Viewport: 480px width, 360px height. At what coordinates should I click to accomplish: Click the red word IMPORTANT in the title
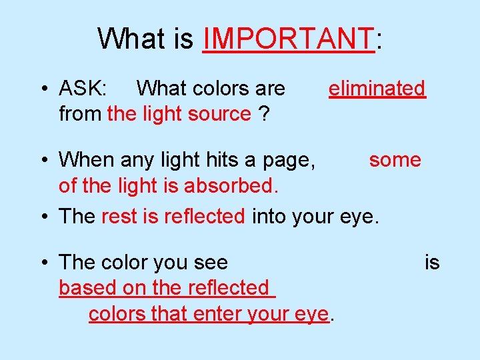[287, 39]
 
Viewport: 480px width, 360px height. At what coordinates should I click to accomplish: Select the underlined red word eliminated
[377, 88]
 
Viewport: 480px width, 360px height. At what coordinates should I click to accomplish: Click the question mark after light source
[264, 114]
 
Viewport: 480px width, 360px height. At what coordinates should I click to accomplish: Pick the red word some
[395, 160]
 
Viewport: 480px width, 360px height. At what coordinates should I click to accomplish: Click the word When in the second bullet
[86, 160]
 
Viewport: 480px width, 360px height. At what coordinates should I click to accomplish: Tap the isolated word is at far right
[432, 263]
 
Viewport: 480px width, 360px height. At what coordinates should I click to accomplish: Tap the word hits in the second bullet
[201, 160]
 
